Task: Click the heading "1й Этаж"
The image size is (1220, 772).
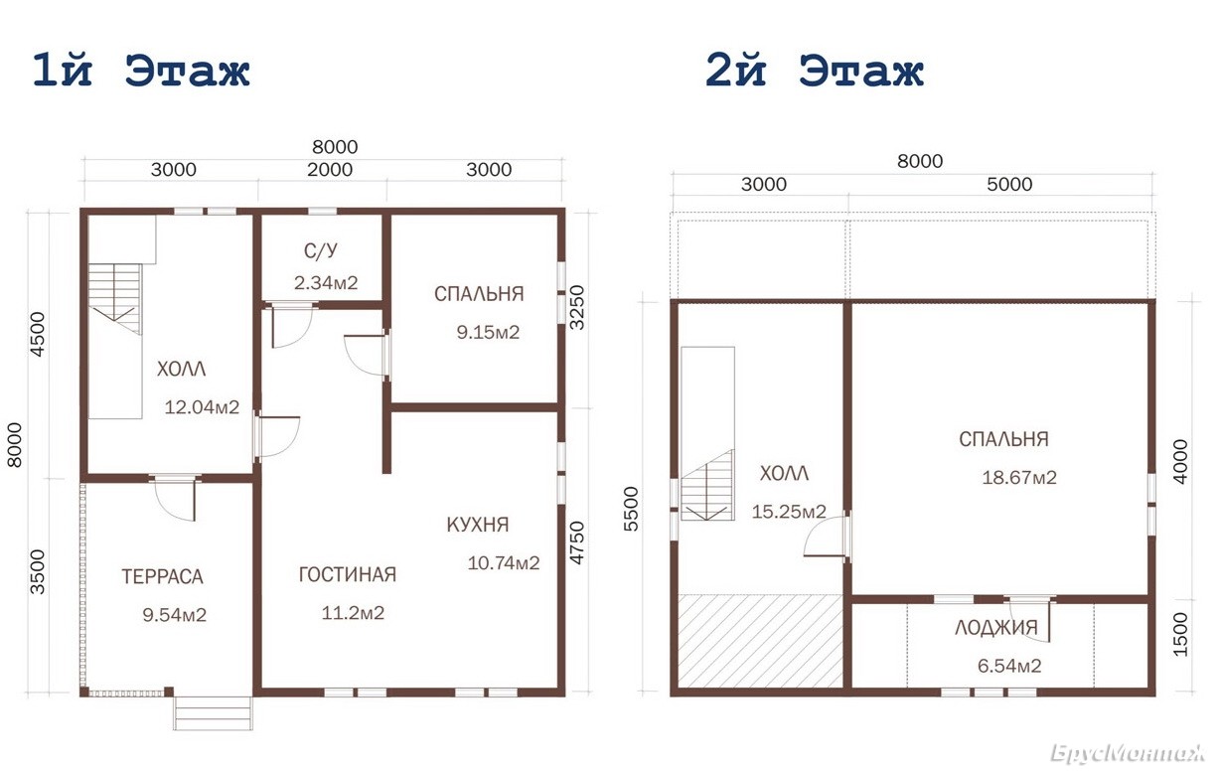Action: (141, 71)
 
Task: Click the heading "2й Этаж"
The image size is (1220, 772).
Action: (815, 71)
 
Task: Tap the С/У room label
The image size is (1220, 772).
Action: (320, 251)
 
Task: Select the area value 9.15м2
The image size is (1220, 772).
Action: (488, 332)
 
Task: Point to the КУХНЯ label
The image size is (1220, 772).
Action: (478, 525)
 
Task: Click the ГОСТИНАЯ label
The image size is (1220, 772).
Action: (348, 575)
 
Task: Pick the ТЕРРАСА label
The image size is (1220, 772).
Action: (162, 576)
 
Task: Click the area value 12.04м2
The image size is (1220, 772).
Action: (202, 407)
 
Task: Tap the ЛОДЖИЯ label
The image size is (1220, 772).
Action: (996, 628)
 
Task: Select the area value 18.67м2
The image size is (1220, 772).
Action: (1019, 477)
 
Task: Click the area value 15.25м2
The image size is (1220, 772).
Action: (789, 511)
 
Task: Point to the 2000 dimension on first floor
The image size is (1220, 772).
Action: (330, 170)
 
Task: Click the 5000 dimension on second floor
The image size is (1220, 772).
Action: (1009, 184)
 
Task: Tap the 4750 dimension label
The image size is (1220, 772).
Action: (576, 542)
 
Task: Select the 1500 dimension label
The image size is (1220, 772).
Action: (1179, 634)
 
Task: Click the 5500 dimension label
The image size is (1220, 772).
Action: (630, 509)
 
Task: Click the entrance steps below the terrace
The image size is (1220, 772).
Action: (213, 713)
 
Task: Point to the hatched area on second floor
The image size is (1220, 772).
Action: (760, 641)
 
